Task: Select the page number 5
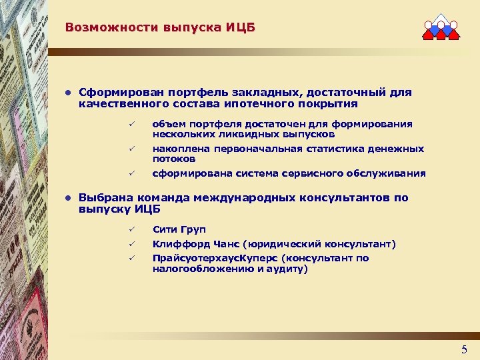(x=464, y=349)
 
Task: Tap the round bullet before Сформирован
(x=68, y=93)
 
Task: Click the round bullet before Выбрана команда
(x=68, y=199)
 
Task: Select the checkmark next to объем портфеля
(x=132, y=124)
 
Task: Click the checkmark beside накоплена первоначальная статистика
(x=132, y=149)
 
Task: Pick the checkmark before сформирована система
(x=132, y=173)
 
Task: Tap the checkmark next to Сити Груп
(x=132, y=230)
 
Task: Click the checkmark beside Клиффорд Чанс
(x=132, y=244)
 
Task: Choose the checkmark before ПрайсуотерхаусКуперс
(x=132, y=258)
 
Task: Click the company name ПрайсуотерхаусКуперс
(x=212, y=258)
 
